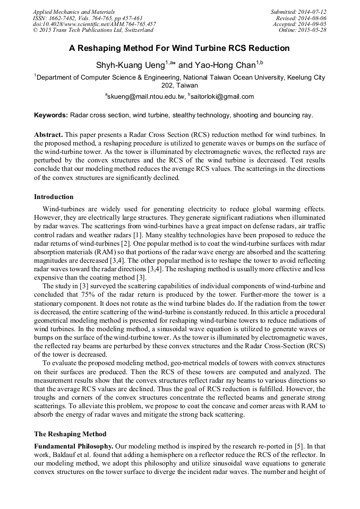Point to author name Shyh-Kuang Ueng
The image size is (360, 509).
(130, 65)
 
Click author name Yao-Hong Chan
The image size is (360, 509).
(225, 65)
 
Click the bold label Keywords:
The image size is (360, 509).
(51, 115)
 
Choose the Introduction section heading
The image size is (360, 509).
(54, 197)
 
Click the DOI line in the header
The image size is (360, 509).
(94, 24)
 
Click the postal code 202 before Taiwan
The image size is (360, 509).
(168, 85)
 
